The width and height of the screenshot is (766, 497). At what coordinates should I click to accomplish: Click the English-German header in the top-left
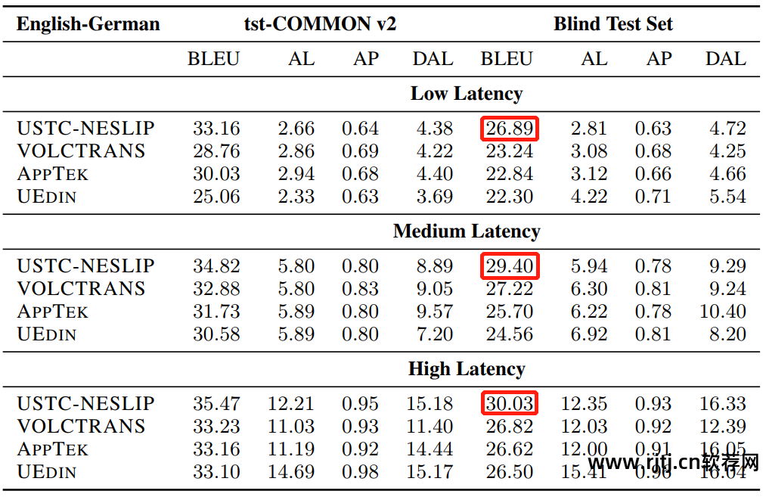[88, 24]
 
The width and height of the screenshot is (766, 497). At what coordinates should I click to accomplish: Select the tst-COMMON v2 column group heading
[320, 24]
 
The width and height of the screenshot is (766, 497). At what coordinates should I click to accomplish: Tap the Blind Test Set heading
[612, 24]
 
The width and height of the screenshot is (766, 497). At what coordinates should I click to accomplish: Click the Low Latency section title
[466, 94]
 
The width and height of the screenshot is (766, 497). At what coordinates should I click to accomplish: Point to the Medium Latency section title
[466, 231]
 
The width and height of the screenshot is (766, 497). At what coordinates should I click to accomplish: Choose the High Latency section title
[466, 369]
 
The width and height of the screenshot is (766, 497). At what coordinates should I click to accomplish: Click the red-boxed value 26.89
[510, 129]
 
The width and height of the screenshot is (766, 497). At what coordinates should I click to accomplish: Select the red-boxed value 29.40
[510, 266]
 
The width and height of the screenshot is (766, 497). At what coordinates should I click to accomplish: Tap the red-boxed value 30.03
[510, 404]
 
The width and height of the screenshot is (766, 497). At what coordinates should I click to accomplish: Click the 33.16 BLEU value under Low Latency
[216, 129]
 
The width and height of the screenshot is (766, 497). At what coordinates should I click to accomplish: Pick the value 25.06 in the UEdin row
[216, 197]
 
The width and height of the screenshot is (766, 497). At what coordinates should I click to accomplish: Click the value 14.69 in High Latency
[291, 472]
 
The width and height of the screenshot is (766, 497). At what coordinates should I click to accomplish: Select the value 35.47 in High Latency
[216, 404]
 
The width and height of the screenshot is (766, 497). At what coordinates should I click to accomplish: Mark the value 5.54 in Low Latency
[727, 197]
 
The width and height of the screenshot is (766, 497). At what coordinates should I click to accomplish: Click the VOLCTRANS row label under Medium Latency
[81, 289]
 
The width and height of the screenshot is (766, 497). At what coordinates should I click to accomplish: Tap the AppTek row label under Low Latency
[52, 174]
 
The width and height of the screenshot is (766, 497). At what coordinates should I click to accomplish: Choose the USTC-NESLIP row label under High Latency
[85, 404]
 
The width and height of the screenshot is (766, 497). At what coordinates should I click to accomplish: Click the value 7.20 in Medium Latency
[434, 334]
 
